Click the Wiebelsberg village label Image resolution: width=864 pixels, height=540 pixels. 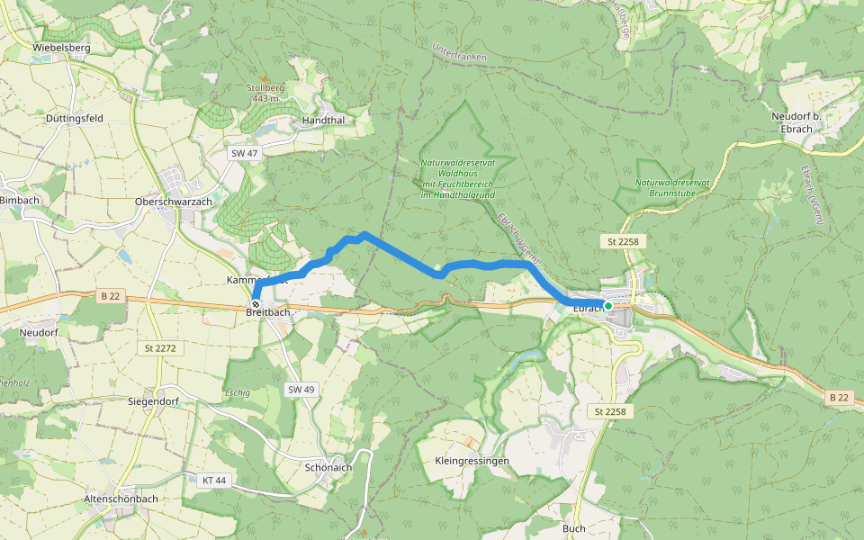point(60,47)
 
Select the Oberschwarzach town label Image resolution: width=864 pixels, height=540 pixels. point(172,202)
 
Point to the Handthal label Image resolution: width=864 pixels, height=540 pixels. point(324,120)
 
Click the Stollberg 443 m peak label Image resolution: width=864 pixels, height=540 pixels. point(265,93)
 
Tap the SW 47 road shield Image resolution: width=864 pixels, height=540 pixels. point(244,154)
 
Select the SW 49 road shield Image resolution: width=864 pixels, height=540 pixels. point(301,390)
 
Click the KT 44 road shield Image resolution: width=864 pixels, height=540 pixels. point(214,481)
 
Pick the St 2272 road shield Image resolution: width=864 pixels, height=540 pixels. point(158,347)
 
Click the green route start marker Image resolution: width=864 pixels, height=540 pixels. point(608,306)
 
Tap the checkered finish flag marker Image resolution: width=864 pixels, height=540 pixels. point(256,304)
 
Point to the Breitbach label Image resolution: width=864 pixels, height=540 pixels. point(268,312)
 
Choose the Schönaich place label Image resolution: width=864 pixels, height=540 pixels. point(328,468)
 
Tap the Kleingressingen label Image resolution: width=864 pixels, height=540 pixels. point(472,461)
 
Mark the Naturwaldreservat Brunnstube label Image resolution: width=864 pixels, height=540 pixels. point(673,187)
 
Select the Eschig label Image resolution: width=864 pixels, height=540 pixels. point(237,393)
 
